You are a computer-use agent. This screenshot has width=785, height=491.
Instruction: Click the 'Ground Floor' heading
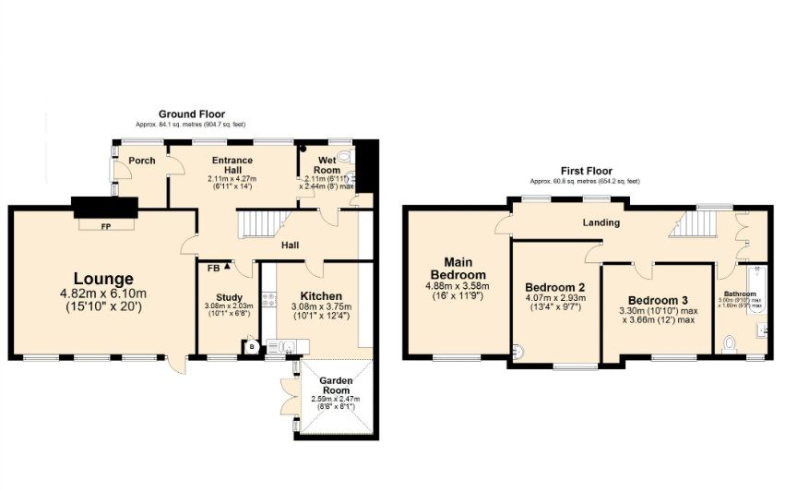192,114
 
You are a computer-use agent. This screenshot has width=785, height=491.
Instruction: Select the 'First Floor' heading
587,171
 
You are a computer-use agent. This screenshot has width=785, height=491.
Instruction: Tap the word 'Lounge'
104,279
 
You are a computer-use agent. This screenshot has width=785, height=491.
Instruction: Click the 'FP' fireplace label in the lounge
105,225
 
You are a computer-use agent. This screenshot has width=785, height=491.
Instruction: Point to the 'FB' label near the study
213,268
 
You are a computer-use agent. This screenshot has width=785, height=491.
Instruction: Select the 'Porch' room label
141,161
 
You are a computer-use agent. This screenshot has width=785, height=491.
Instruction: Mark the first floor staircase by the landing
696,222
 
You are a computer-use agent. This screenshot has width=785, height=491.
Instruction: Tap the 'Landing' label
601,222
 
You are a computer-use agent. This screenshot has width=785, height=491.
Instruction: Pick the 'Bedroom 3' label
658,301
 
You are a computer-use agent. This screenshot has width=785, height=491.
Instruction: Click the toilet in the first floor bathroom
731,344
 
